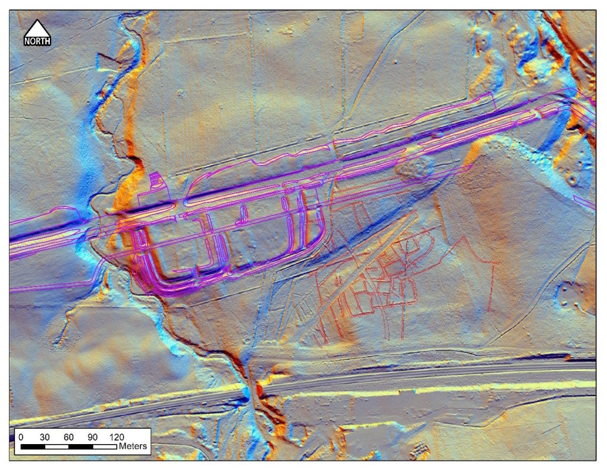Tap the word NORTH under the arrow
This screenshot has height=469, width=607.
pyautogui.click(x=37, y=41)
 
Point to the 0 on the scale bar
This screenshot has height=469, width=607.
pyautogui.click(x=21, y=436)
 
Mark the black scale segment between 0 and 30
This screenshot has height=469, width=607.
pyautogui.click(x=33, y=445)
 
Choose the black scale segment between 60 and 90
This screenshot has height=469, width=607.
pyautogui.click(x=81, y=445)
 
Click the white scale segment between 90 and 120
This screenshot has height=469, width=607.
pyautogui.click(x=104, y=445)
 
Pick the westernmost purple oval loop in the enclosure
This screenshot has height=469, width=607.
pyautogui.click(x=141, y=238)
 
